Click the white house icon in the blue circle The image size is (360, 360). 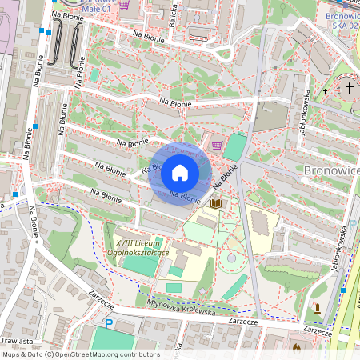[180, 172]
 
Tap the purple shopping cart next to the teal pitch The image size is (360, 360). [218, 146]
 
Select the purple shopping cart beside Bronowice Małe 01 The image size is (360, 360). [124, 4]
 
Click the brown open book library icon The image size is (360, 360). [215, 205]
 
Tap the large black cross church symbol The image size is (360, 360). [349, 89]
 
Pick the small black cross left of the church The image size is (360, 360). [326, 92]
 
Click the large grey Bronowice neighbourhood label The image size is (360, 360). [332, 170]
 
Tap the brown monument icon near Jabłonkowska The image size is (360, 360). [320, 308]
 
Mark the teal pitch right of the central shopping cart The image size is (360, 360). [235, 147]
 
